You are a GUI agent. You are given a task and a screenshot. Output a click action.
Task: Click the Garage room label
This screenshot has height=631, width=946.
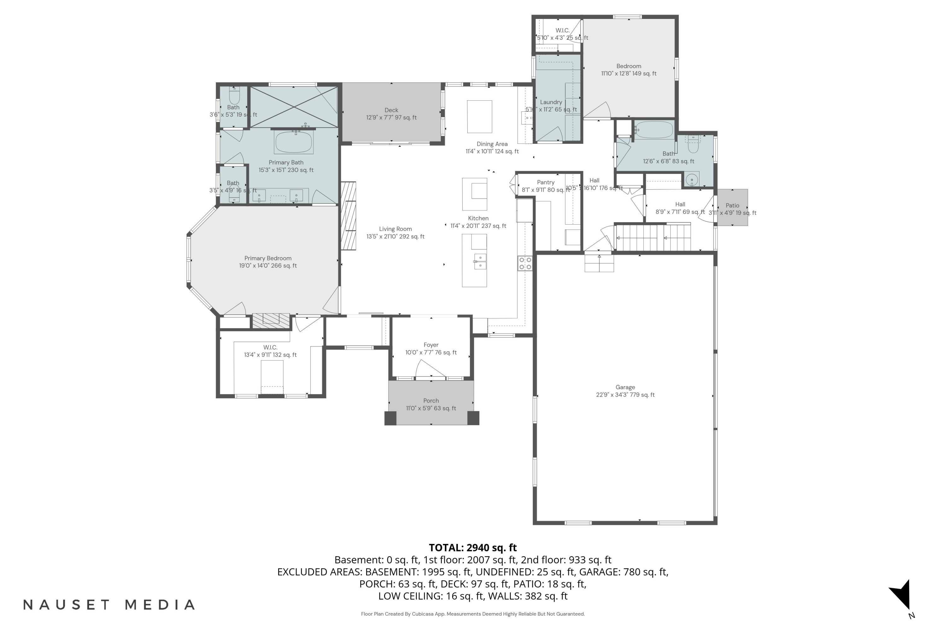coord(625,387)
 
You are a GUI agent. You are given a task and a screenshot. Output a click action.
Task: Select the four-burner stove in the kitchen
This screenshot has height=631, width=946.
coord(525,263)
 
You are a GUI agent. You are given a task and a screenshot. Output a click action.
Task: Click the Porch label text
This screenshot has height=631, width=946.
coord(431,400)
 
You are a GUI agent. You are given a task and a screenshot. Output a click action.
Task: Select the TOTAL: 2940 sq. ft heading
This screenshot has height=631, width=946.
coord(473,547)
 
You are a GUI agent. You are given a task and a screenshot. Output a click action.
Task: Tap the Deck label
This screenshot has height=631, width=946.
coord(391,110)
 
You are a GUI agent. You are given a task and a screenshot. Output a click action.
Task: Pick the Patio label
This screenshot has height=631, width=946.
coord(732,205)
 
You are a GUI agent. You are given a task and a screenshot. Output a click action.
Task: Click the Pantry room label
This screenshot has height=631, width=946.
coord(546,182)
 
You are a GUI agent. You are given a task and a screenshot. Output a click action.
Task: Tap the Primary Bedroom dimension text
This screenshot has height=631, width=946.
coord(268,266)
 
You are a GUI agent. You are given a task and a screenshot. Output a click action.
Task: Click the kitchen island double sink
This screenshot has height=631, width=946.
coord(480,262)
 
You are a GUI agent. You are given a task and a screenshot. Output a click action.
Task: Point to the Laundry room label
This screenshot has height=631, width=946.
coord(551,102)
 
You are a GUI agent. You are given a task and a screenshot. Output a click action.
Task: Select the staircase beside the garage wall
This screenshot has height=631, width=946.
coord(653,238)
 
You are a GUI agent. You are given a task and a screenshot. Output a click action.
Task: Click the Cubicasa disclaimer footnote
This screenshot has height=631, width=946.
coord(473,614)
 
